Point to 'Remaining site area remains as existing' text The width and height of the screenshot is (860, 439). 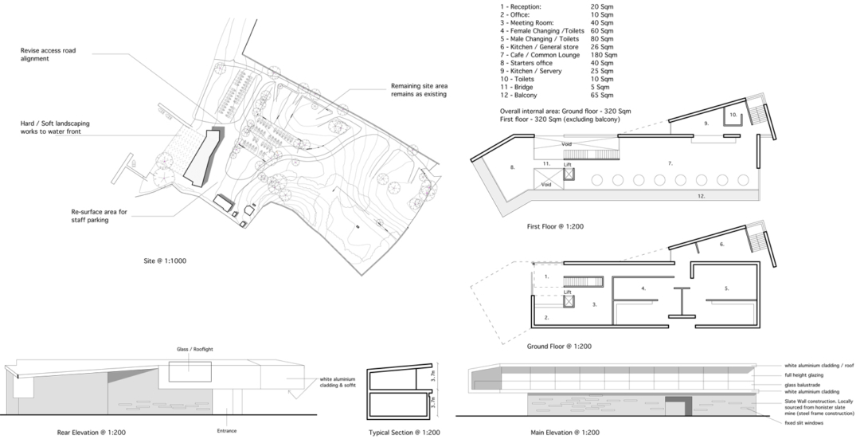[419, 90]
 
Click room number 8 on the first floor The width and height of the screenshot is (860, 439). [513, 167]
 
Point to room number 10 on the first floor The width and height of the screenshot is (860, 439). [730, 116]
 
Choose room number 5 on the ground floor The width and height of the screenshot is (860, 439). [726, 288]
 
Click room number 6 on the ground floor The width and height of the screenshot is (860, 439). [721, 245]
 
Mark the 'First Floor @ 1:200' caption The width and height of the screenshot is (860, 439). [556, 227]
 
